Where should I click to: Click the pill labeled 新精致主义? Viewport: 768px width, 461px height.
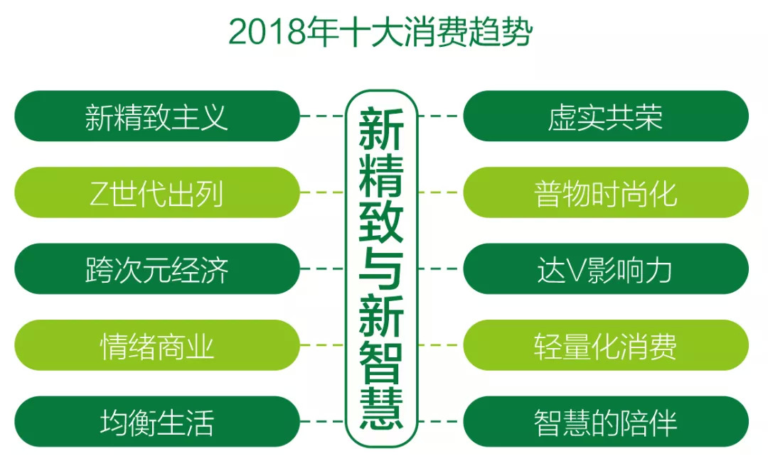(x=156, y=116)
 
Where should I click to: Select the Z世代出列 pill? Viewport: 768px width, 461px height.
(x=156, y=192)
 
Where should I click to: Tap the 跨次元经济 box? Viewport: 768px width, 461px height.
(x=156, y=269)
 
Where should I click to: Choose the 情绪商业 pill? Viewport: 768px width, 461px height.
(x=156, y=345)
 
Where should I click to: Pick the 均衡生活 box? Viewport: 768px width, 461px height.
(x=156, y=421)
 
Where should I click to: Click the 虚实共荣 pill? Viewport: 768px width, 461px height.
(x=606, y=116)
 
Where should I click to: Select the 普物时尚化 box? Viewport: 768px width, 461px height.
(x=606, y=192)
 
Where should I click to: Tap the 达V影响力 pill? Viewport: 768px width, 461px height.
(x=606, y=269)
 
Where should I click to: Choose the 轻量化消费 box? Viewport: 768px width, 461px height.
(x=606, y=345)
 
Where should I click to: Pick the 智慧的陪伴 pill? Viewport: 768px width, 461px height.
(x=606, y=421)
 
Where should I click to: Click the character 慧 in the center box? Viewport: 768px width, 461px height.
(x=381, y=408)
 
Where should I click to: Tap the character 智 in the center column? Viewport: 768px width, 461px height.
(x=381, y=362)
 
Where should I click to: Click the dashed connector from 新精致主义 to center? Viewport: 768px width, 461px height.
(x=322, y=116)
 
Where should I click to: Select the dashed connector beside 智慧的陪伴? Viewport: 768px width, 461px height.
(x=440, y=421)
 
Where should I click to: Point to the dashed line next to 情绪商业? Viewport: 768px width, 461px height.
(x=322, y=345)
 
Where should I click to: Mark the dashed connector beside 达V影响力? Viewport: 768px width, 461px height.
(x=440, y=269)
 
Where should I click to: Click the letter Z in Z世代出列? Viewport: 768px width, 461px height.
(x=99, y=193)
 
